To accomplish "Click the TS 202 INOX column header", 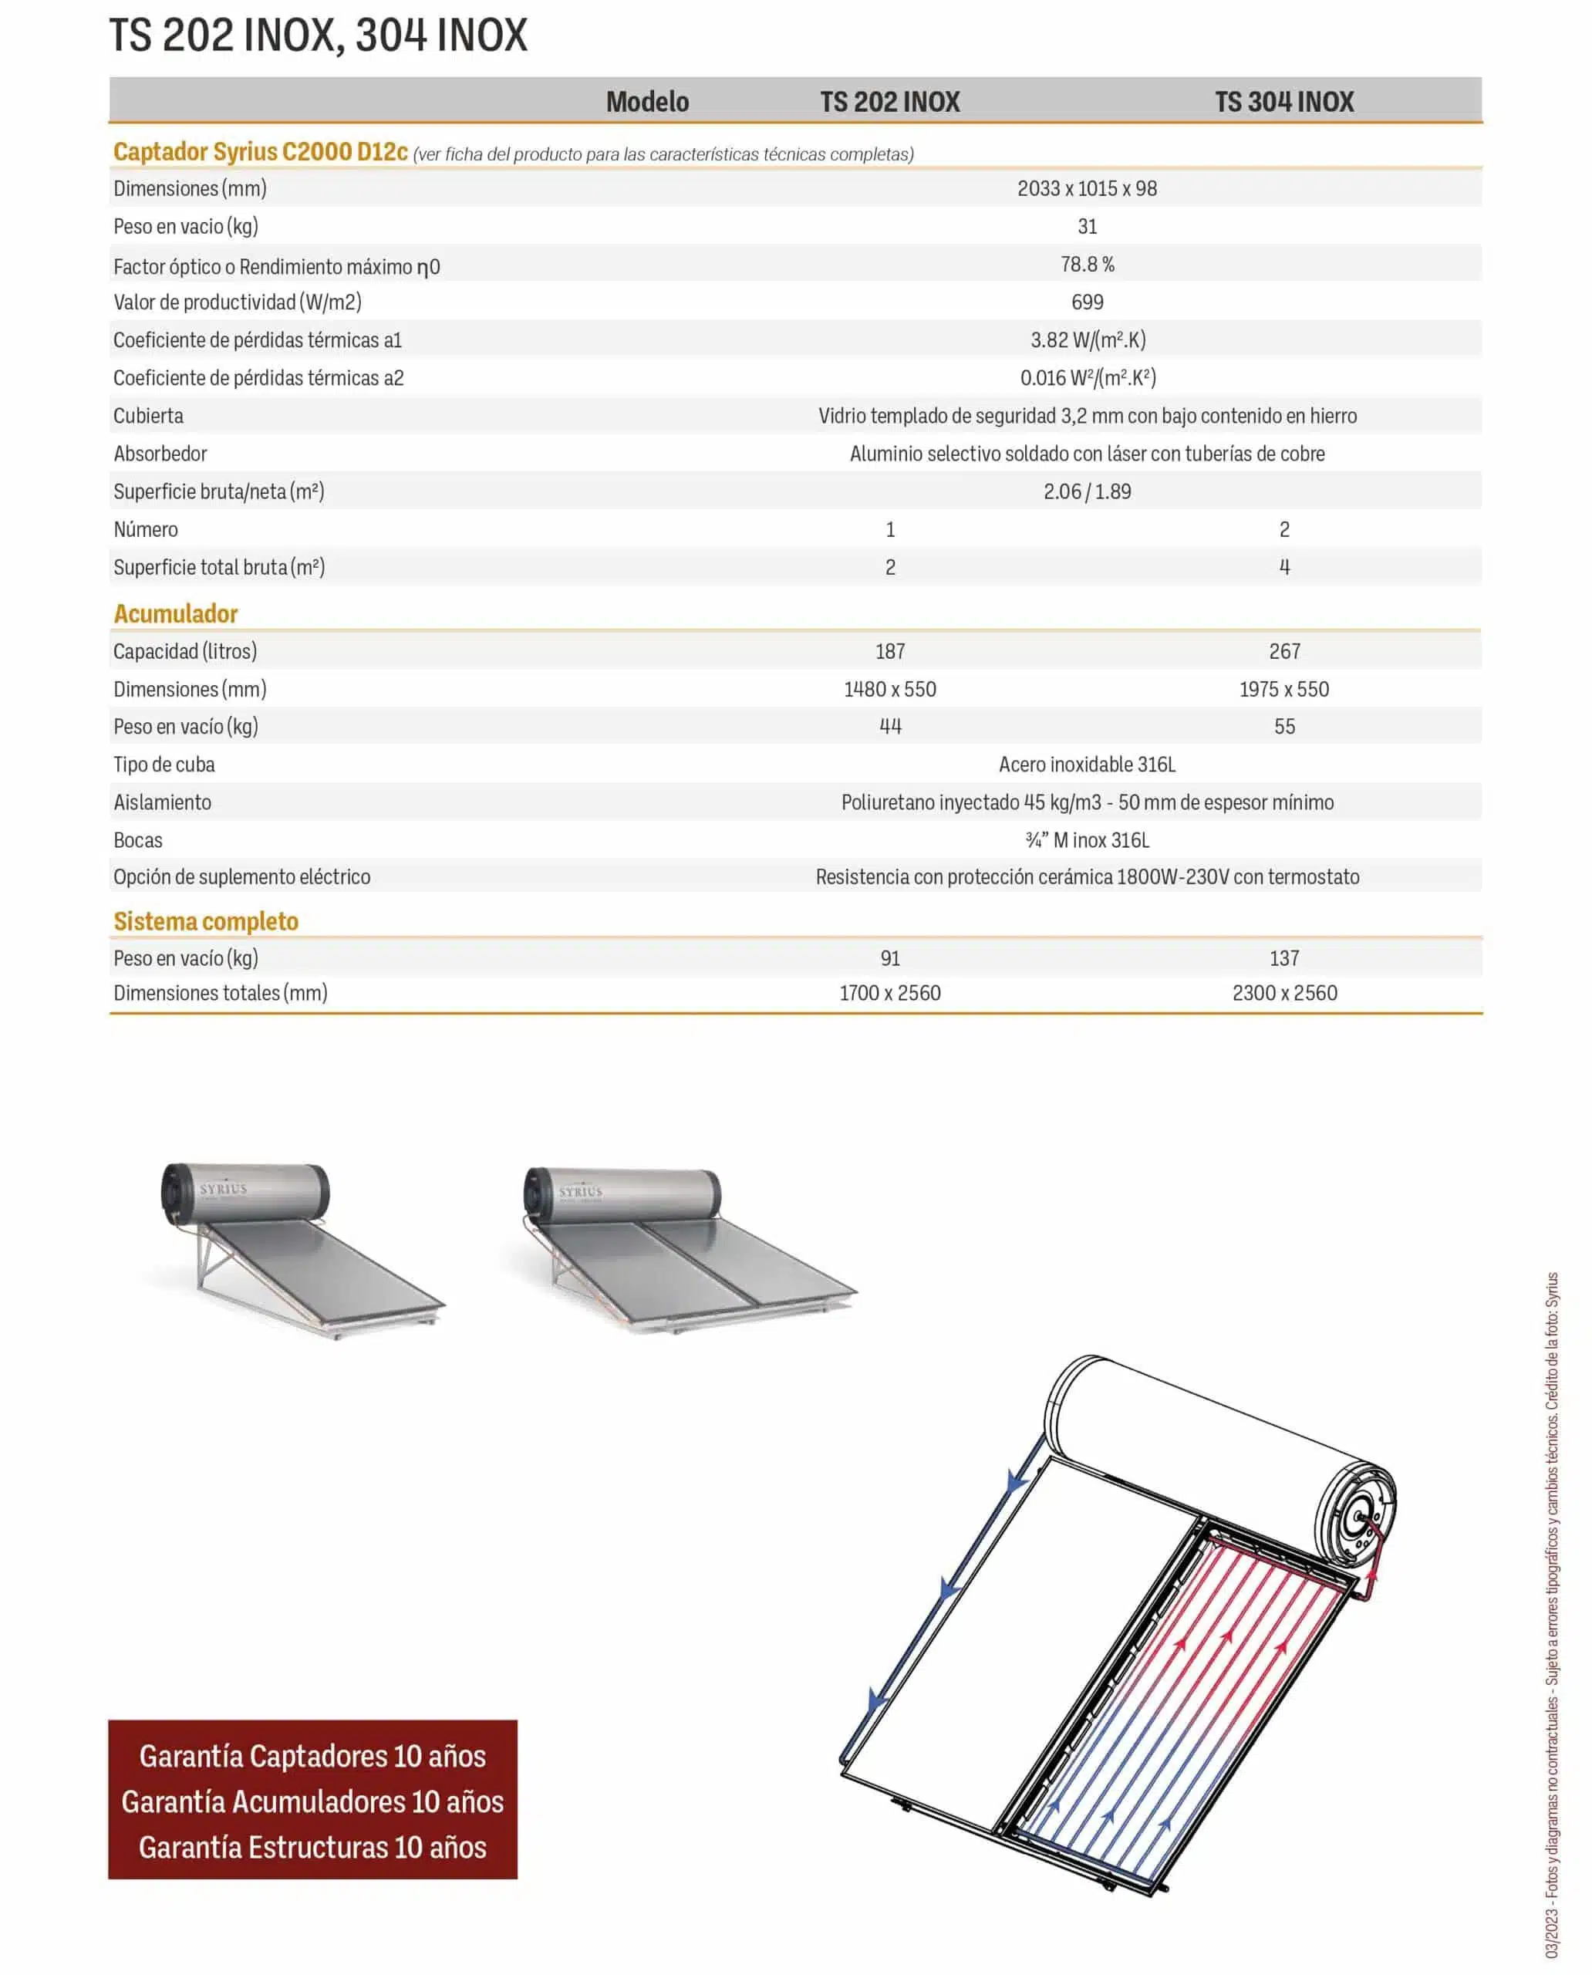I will (x=889, y=102).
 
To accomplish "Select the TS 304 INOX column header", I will (x=1284, y=102).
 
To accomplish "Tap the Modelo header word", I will (x=647, y=102).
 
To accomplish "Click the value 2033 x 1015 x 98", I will (x=1087, y=189).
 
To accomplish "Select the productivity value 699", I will (x=1087, y=302).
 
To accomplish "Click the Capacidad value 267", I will (x=1284, y=651).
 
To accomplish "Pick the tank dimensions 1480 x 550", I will (x=889, y=690).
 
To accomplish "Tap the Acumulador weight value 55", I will (x=1284, y=728).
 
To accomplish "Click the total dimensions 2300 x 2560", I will (x=1284, y=994).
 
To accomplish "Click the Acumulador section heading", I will (x=176, y=613).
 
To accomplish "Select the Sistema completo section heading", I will (x=207, y=921).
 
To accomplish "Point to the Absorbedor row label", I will (x=160, y=454).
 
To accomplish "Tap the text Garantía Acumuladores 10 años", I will (x=312, y=1801).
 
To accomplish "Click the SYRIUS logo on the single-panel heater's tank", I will (x=223, y=1189).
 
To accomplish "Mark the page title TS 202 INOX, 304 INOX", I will (x=319, y=35).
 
